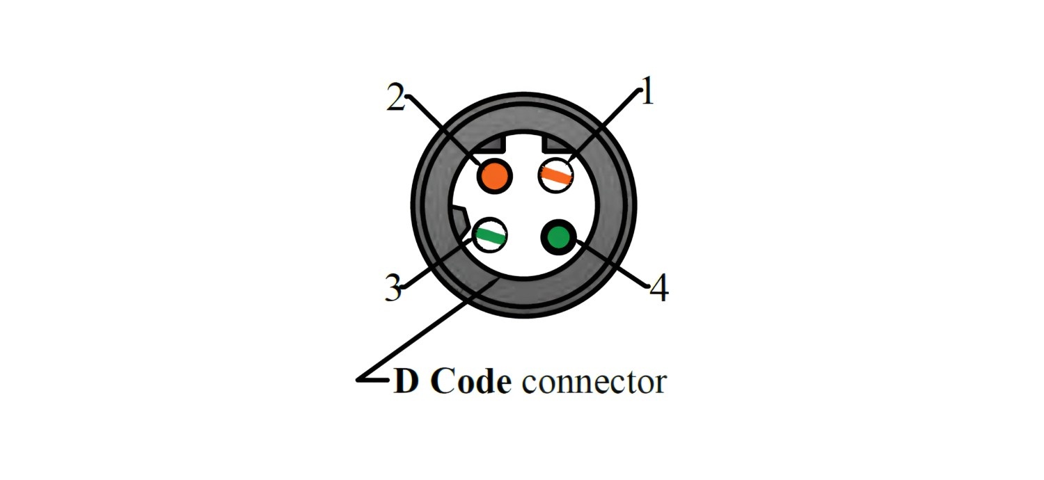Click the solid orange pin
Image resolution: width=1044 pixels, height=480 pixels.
(x=494, y=174)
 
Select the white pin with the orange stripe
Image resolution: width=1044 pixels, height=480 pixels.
(x=556, y=174)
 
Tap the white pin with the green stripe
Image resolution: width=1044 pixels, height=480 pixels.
(x=490, y=234)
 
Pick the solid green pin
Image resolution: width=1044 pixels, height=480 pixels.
(x=558, y=237)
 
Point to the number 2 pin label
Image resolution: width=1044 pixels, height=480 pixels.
(x=395, y=99)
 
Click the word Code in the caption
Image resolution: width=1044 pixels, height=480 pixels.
(x=470, y=381)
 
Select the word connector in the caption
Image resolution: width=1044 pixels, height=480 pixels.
(x=594, y=381)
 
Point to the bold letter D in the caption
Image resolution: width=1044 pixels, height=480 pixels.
(x=406, y=381)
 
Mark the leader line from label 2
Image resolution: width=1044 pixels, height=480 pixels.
(x=445, y=132)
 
